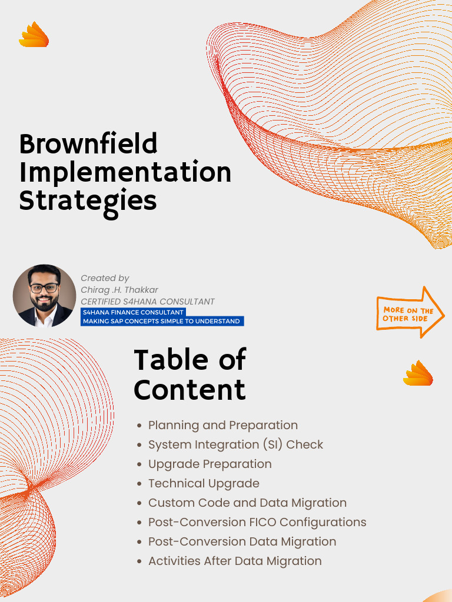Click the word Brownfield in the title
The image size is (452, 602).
click(88, 144)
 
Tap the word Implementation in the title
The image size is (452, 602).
click(125, 172)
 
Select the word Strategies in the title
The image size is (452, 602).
click(88, 200)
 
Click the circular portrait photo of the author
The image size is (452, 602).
click(44, 295)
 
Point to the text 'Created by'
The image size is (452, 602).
click(105, 278)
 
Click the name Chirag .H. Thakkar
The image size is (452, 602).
click(120, 290)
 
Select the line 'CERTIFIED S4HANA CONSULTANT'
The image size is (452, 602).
click(147, 302)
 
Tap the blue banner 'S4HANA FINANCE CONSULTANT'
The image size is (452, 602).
click(133, 312)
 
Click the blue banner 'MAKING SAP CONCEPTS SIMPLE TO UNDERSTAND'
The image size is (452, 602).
click(161, 321)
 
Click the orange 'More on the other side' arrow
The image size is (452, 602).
click(410, 313)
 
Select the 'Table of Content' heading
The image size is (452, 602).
click(190, 374)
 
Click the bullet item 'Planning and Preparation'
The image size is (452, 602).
click(222, 425)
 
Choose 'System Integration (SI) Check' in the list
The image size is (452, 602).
click(235, 444)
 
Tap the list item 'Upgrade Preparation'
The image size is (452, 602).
click(210, 464)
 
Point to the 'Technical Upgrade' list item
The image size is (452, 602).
click(204, 483)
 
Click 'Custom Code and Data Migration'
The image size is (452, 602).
click(247, 503)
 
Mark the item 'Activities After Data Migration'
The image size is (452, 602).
click(235, 561)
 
